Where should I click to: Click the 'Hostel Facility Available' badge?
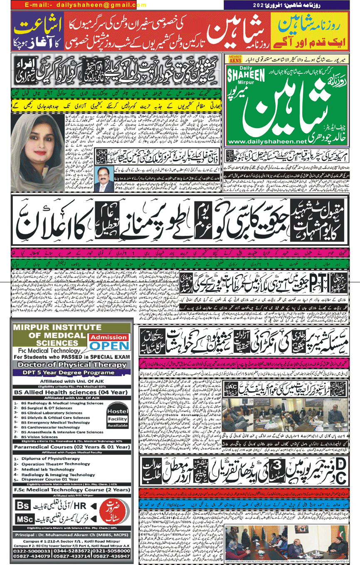(x=117, y=416)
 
